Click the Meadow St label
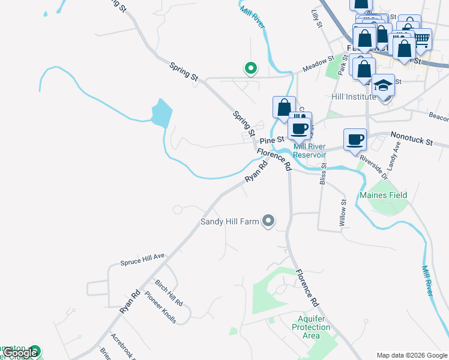318,64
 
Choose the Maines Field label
384,195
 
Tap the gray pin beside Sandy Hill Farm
268,222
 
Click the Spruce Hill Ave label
142,259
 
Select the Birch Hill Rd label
168,293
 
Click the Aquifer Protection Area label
311,327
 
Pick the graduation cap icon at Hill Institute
383,85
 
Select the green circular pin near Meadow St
250,69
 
